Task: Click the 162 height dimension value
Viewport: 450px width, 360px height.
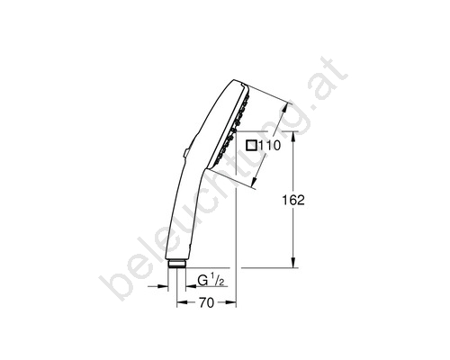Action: (293, 200)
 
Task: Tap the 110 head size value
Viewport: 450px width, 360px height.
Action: (269, 146)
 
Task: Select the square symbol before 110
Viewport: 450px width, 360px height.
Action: (251, 146)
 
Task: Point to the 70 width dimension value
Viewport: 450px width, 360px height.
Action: (206, 303)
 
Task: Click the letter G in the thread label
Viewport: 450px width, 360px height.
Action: (202, 281)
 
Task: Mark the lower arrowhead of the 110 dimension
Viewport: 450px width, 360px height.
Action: (255, 181)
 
